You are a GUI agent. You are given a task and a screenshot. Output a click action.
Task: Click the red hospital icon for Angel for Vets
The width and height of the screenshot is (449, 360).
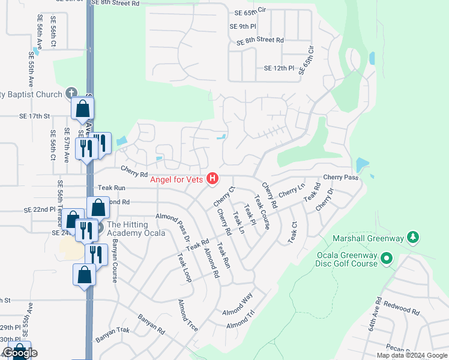[212, 178]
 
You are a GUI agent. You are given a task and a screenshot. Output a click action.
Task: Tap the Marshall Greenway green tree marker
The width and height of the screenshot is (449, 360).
[412, 237]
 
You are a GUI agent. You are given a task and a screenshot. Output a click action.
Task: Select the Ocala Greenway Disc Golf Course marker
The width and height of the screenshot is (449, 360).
[387, 259]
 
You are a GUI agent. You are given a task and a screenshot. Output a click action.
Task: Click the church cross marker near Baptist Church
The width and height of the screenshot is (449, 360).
[71, 93]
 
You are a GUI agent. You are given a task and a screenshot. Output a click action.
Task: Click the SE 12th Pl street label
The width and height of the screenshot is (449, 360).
[279, 68]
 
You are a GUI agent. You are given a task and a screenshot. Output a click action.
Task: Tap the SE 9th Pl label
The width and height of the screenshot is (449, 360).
[243, 26]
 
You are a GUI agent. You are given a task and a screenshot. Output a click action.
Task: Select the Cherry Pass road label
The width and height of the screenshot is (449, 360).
[340, 178]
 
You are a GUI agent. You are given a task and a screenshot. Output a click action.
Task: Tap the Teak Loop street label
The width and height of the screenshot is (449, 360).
[184, 267]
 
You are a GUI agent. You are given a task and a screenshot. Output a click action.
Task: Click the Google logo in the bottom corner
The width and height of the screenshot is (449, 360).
[20, 353]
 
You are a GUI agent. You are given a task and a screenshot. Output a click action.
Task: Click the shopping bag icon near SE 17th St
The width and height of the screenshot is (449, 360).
[82, 109]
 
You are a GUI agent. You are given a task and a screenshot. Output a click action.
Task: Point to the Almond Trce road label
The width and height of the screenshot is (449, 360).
[188, 318]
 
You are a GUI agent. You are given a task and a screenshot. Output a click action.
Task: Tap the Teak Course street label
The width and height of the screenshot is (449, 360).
[262, 212]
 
